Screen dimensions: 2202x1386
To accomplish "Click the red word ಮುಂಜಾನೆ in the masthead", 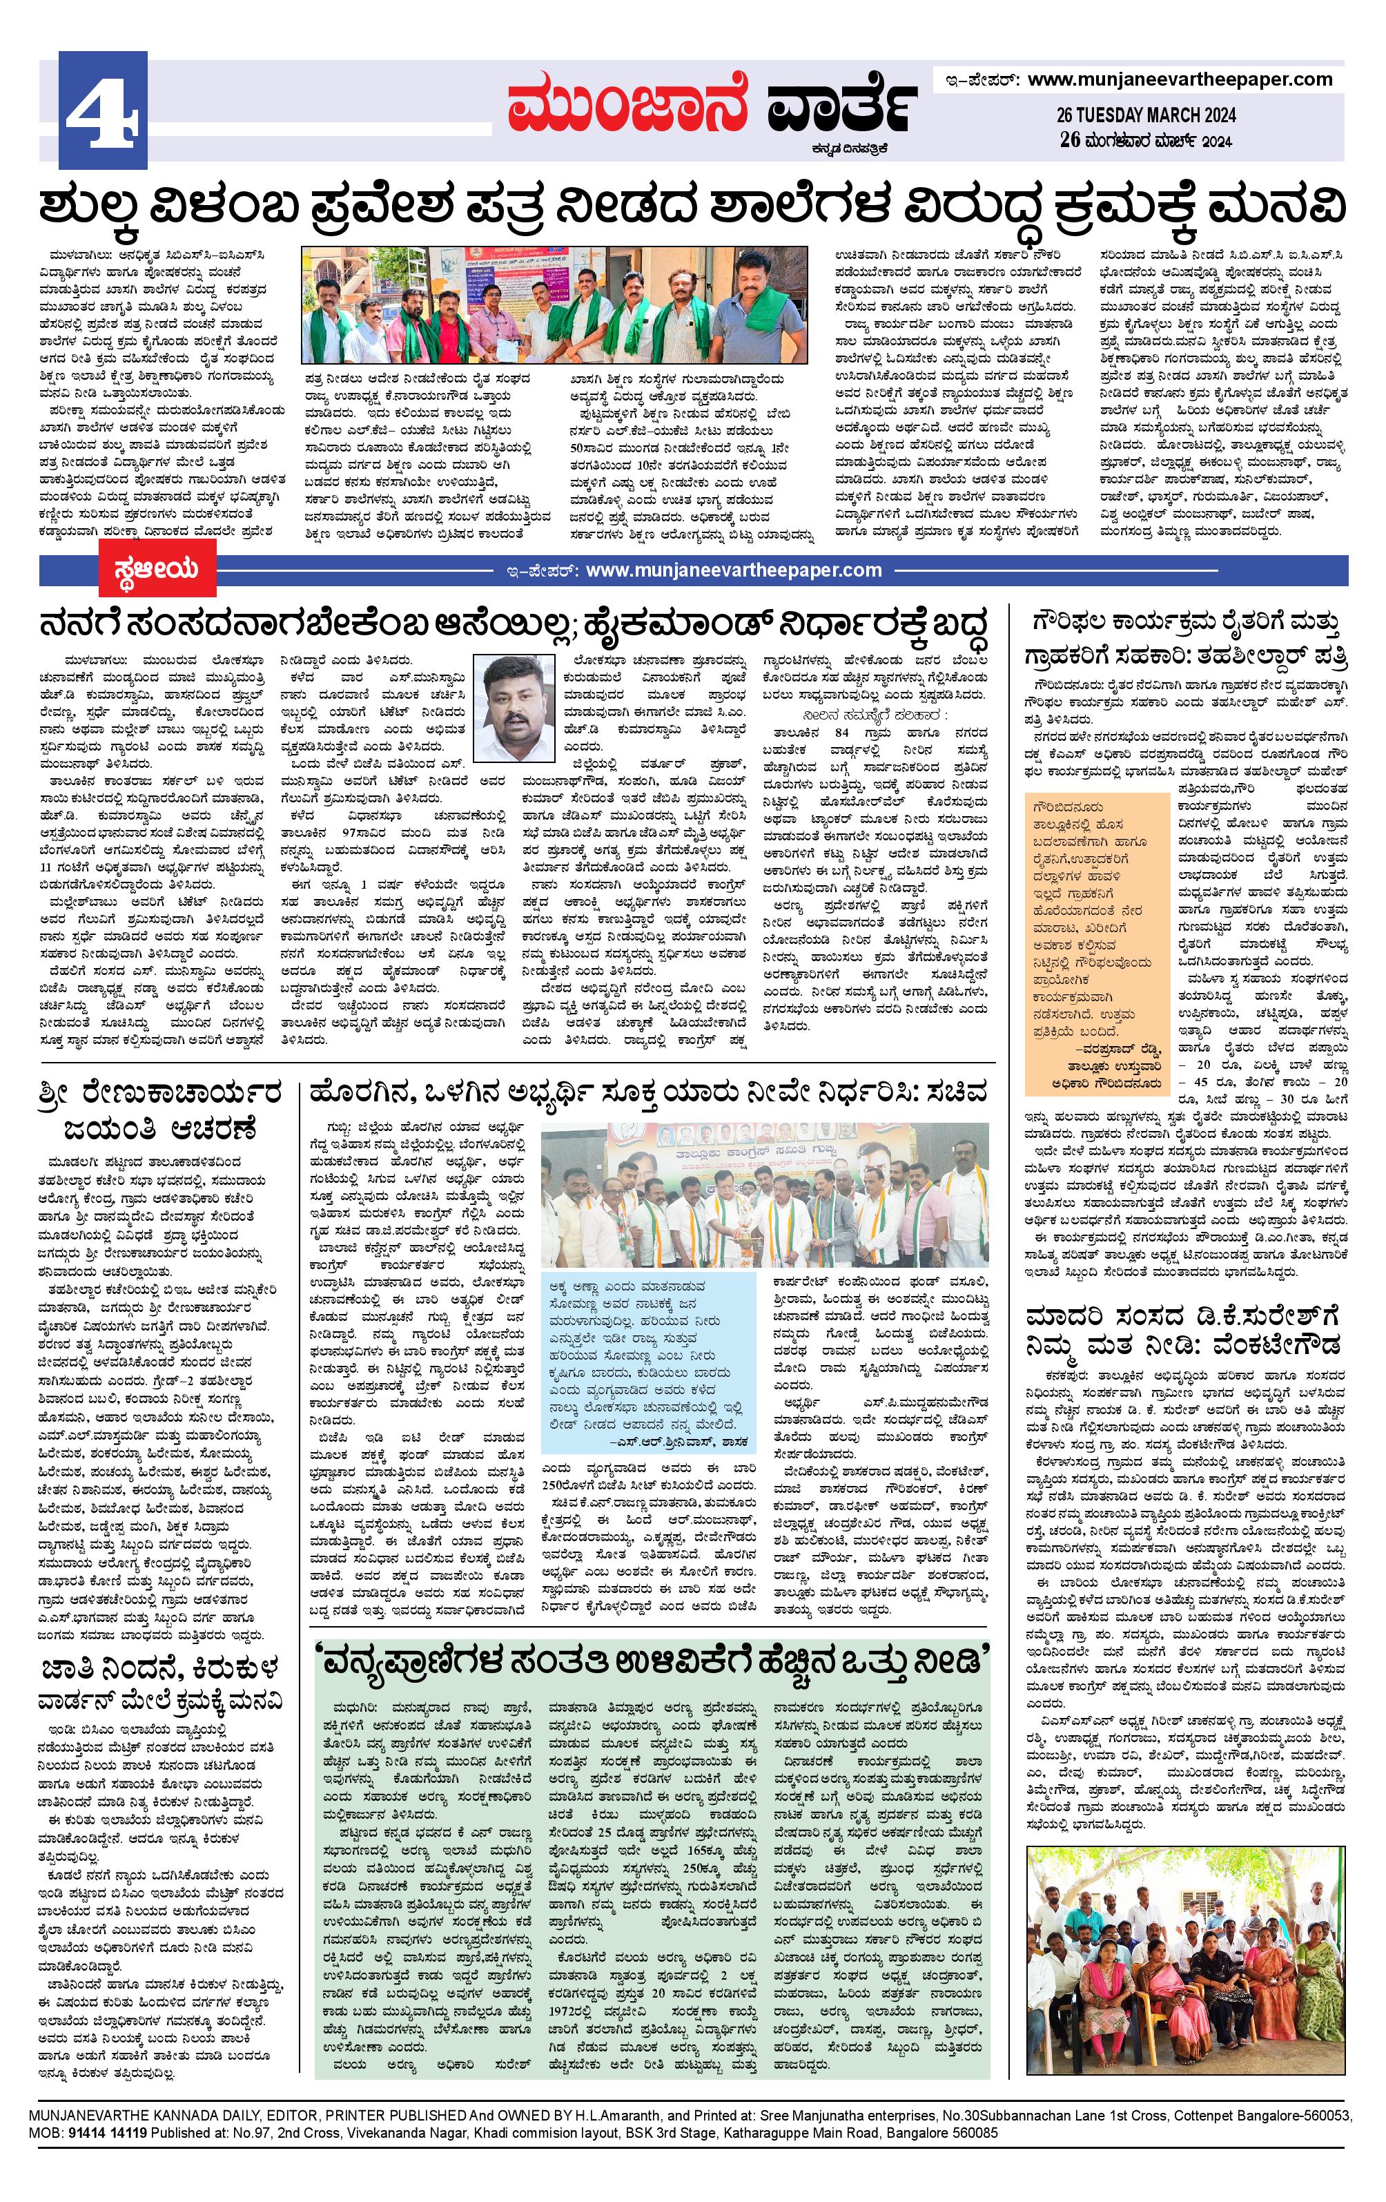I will click(629, 106).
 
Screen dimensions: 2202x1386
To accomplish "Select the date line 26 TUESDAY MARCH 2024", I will click(1146, 115).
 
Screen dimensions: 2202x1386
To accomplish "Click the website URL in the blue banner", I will click(733, 570).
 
